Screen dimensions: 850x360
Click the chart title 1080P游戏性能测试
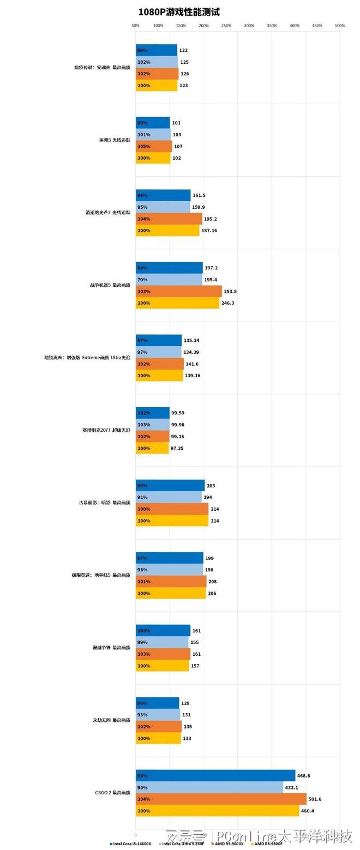pos(179,11)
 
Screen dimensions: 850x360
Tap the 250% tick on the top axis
pos(226,26)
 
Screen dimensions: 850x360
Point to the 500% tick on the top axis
pos(340,26)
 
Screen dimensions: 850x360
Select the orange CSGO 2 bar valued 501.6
pos(221,799)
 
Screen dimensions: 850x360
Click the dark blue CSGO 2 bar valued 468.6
pos(215,775)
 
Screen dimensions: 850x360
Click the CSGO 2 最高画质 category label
pos(112,793)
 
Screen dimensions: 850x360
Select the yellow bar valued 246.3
pos(177,303)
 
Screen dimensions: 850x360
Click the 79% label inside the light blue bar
pos(142,280)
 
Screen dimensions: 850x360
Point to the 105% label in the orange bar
pos(143,147)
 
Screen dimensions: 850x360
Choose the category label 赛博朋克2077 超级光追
pos(106,430)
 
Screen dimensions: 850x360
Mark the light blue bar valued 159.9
pos(163,207)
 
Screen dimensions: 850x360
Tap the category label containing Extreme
pos(87,358)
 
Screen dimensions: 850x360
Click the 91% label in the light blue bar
pos(142,497)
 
